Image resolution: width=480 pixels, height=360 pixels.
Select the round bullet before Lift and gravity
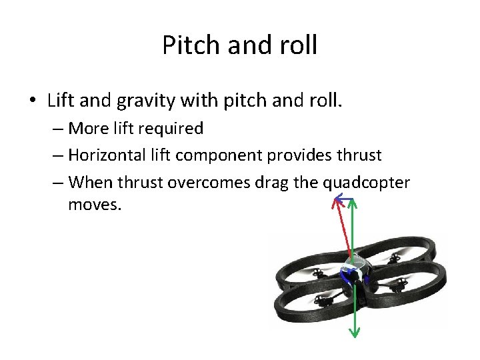pos(33,101)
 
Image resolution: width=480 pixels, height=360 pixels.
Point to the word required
pos(169,127)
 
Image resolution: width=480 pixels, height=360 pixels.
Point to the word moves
pos(95,205)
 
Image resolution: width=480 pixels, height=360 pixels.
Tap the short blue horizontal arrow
pos(344,198)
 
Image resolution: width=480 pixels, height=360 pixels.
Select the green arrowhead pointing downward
pos(354,333)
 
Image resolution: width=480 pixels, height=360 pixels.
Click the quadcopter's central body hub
pos(354,270)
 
